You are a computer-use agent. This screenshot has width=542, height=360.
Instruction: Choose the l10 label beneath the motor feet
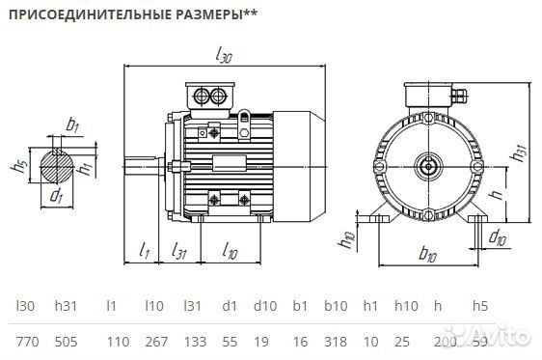[230, 252]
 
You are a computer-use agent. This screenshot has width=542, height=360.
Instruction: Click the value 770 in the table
[28, 341]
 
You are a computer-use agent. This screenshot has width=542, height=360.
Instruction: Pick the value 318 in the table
[336, 341]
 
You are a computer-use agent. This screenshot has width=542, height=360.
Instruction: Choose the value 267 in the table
[154, 341]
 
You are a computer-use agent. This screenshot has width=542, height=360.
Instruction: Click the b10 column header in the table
[335, 306]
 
